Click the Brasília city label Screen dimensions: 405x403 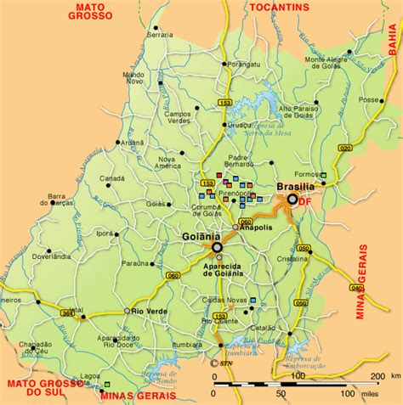296,186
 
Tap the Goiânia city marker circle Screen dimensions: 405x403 217,247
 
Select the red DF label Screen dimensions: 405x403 304,203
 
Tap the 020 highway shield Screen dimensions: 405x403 345,147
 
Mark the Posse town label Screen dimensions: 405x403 369,99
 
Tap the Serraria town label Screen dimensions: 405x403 159,35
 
